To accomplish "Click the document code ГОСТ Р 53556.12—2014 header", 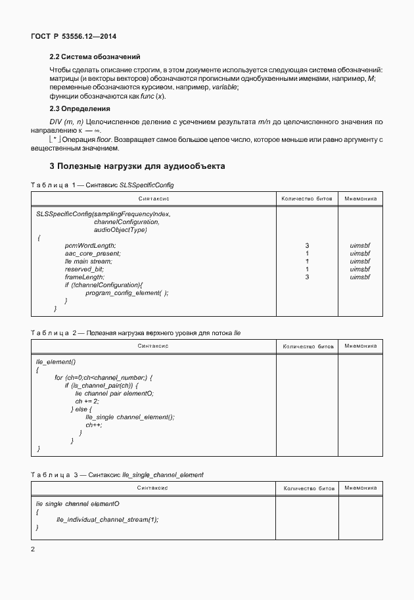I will [69, 37].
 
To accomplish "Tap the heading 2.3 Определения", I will [80, 108].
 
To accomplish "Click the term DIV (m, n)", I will [68, 122].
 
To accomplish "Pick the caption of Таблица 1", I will [102, 186].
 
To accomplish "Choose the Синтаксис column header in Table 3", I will [153, 488].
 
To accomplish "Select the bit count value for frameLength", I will [307, 277].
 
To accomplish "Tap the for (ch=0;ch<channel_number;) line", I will [103, 377].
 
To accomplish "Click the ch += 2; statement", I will [87, 401].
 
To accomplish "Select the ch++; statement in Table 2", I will [93, 425].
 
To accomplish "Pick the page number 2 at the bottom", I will [33, 547].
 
